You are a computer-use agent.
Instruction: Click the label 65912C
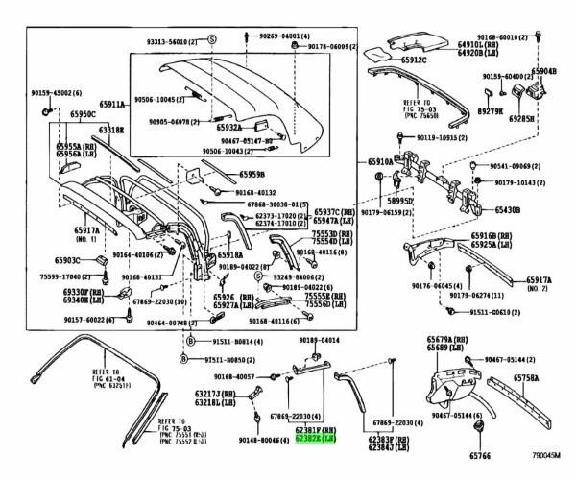coord(389,61)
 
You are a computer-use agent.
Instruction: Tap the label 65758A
coord(534,380)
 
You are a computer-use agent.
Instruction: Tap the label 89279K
coord(491,111)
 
